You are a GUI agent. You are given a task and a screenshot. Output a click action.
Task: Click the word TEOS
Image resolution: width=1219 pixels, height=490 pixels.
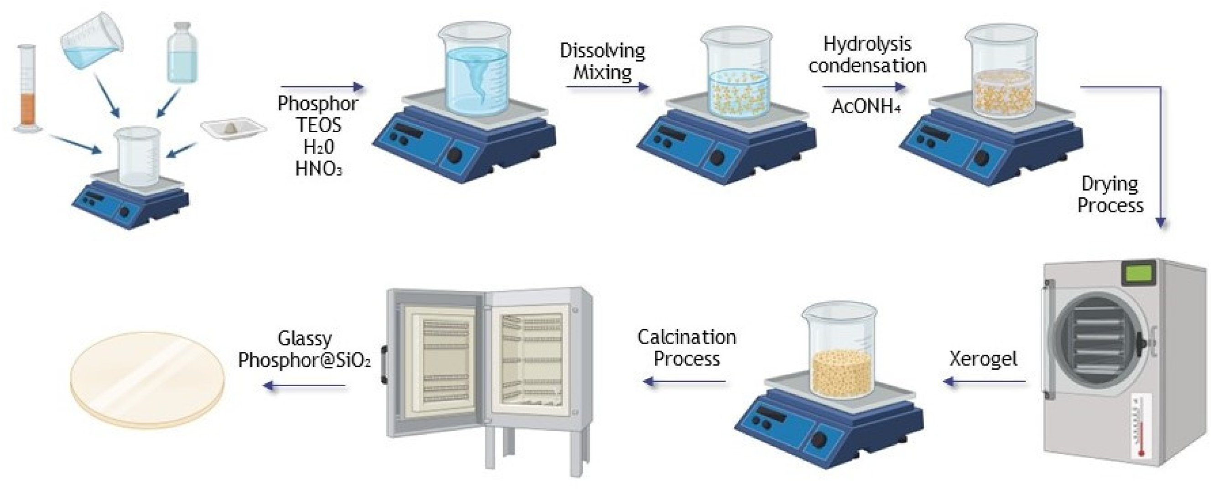[318, 125]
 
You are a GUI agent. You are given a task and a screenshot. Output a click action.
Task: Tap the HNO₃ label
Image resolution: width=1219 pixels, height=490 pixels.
[318, 168]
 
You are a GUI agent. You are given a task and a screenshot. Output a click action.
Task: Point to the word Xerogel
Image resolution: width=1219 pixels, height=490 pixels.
[983, 359]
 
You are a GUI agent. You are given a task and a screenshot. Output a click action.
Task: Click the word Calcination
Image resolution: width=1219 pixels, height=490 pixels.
[687, 337]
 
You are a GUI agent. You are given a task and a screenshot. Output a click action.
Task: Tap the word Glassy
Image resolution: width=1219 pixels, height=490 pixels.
[305, 339]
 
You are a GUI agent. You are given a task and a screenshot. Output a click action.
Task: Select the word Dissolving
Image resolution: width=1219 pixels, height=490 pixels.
[602, 51]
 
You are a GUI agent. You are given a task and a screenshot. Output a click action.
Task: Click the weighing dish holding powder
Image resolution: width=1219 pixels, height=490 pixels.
[233, 128]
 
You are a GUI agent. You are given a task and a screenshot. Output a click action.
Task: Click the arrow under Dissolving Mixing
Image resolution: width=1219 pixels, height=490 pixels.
[607, 87]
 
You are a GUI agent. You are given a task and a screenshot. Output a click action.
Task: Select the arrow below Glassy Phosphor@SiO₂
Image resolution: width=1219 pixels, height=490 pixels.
[304, 386]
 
